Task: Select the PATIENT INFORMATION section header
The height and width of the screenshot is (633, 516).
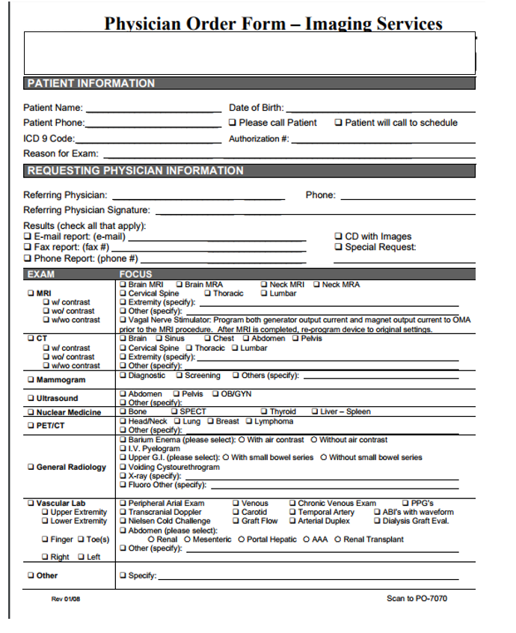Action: pos(91,83)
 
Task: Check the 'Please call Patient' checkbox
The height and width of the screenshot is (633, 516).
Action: pos(233,123)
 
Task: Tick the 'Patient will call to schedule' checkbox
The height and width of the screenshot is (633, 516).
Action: pos(339,123)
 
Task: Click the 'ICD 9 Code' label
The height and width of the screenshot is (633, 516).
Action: pos(49,138)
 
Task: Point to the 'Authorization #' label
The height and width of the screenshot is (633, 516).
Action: pos(258,138)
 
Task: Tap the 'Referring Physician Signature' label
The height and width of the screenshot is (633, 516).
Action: pos(87,210)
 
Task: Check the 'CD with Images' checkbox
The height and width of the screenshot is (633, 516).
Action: pos(339,236)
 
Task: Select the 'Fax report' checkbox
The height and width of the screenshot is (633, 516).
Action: pos(28,247)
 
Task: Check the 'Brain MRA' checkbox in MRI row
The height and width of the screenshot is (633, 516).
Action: pos(179,285)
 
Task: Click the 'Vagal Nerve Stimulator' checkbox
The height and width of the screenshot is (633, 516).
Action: pos(123,319)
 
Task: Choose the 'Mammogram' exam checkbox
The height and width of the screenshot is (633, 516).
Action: pos(31,380)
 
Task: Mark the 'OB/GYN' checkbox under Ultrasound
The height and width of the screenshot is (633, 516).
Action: pos(215,394)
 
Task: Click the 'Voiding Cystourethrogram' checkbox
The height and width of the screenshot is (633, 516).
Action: pos(123,467)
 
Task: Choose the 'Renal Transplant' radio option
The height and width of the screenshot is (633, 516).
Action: pos(338,539)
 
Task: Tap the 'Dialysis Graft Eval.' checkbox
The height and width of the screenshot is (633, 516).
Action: pos(378,522)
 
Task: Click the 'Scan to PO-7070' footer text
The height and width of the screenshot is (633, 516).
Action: pos(417,599)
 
